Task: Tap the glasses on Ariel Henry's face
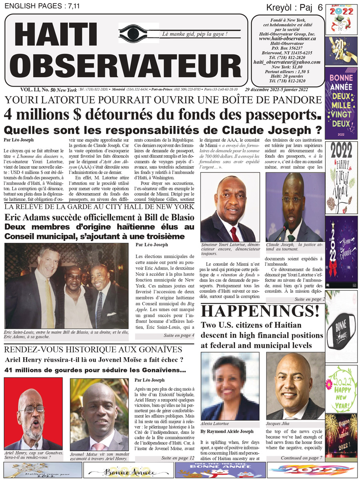tap(31, 409)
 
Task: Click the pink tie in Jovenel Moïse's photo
tap(98, 446)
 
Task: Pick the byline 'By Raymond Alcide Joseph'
tap(226, 432)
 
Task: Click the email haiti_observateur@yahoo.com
tap(287, 62)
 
